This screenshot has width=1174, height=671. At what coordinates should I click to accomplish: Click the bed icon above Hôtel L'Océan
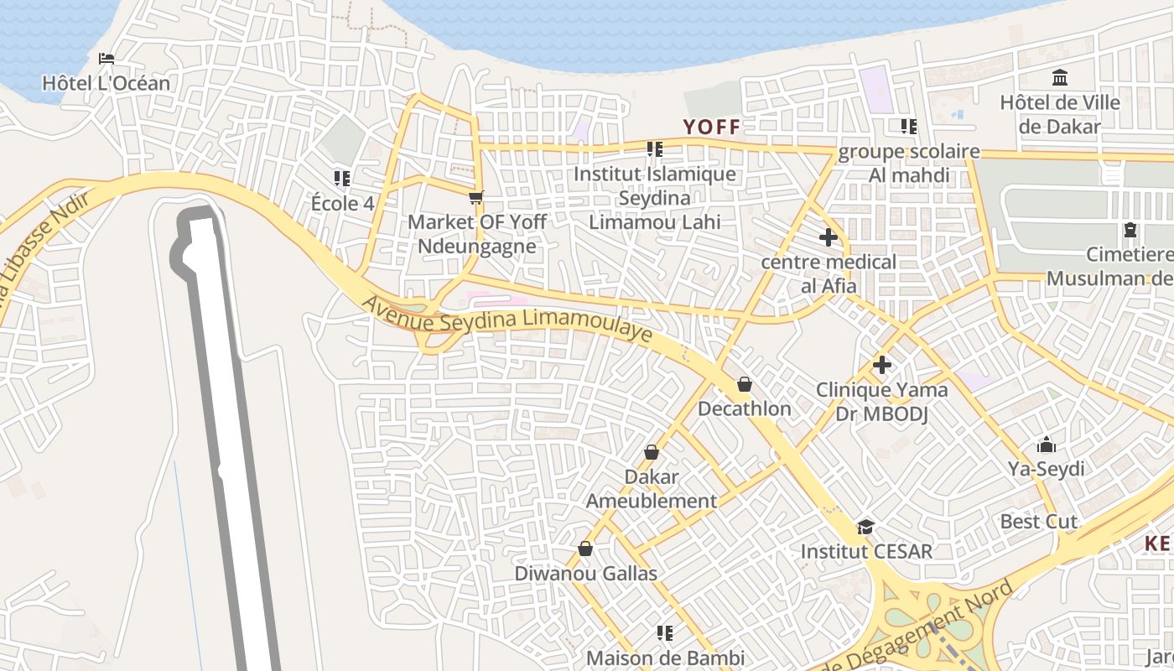click(106, 59)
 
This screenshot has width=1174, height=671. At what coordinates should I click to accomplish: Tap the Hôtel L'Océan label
click(106, 83)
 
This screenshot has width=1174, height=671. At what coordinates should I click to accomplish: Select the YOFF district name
click(711, 127)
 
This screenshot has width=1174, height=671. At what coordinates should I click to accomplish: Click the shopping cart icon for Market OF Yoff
click(476, 198)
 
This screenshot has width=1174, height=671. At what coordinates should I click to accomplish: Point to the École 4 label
click(342, 204)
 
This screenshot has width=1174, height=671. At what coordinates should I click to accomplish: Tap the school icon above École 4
click(341, 179)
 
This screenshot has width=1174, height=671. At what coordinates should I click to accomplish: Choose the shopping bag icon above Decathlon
click(744, 385)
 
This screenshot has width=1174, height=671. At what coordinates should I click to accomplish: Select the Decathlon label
click(744, 408)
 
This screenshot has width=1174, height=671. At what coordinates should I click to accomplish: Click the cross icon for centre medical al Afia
click(828, 237)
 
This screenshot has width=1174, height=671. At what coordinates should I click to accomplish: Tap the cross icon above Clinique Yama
click(881, 365)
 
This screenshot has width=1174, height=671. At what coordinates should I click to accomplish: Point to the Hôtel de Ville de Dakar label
click(1060, 115)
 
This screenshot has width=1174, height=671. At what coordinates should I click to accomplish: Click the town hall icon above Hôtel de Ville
click(1060, 78)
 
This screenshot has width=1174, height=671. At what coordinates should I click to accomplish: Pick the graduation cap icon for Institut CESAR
click(865, 527)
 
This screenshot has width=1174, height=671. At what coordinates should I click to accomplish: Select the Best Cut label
click(1038, 522)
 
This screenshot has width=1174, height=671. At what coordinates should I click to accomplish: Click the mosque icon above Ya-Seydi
click(1047, 445)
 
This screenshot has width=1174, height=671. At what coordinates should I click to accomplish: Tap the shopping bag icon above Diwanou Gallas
click(585, 549)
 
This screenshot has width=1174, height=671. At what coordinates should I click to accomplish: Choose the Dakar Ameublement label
click(652, 489)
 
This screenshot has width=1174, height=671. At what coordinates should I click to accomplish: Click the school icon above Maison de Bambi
click(665, 632)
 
